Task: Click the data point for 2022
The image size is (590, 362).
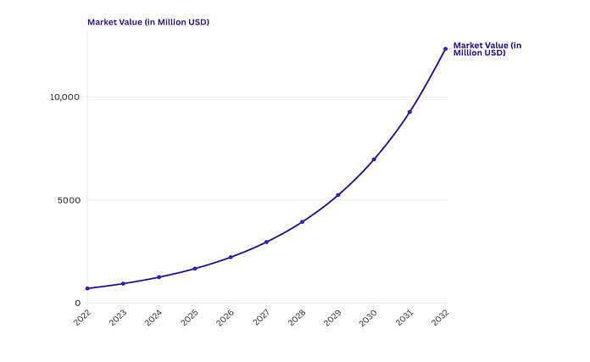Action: point(87,288)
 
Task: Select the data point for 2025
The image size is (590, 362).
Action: point(195,269)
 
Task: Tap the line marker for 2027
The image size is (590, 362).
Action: point(266,242)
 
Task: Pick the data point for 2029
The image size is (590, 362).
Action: point(338,195)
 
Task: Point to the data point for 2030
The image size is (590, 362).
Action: point(374,159)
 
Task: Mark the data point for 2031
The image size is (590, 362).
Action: point(409,112)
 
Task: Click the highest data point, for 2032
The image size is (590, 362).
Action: point(445,49)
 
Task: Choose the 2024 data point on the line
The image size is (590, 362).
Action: point(159,277)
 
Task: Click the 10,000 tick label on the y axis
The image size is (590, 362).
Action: point(64,97)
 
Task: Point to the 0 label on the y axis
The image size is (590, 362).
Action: point(77,303)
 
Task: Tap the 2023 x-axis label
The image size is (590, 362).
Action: point(118,317)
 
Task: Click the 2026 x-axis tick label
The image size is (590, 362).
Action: point(225,317)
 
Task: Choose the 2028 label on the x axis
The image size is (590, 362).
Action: point(297,317)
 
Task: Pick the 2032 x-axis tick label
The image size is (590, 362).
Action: point(440,317)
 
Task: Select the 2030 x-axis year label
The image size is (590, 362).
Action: point(369,317)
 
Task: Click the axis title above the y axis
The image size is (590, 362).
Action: point(148,22)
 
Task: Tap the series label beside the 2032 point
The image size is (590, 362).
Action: point(487,49)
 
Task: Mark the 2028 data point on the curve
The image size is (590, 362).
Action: point(302,222)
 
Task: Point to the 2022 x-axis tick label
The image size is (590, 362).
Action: point(82,317)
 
